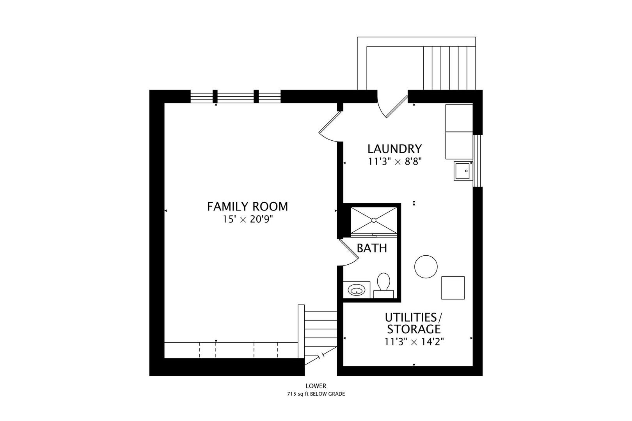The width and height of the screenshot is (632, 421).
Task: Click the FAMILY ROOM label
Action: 247,207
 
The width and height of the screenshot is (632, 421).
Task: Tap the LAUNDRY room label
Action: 394,149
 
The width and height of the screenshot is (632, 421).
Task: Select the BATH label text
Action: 372,248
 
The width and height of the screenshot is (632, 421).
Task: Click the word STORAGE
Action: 414,329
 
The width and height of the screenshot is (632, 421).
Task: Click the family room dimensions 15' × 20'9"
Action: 248,219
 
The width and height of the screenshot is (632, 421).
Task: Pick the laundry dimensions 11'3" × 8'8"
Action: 395,161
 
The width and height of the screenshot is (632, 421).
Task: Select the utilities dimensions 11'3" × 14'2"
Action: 414,342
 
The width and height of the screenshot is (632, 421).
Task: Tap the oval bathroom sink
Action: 356,290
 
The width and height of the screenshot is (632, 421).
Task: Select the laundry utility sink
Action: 463,171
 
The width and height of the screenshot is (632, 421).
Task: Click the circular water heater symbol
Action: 426,267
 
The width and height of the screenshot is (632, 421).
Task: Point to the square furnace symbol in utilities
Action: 453,288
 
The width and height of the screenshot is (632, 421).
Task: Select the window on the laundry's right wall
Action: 478,161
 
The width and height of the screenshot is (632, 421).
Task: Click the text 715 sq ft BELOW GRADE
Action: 316,394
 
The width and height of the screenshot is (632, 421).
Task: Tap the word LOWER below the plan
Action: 316,386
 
